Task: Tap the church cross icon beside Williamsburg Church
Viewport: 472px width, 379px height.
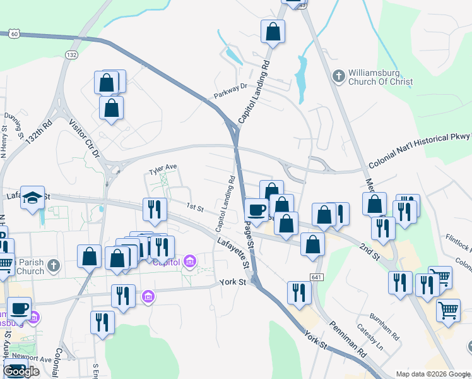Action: click(x=338, y=76)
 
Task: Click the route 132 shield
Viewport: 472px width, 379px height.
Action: click(x=71, y=56)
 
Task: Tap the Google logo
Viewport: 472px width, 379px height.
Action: click(x=21, y=371)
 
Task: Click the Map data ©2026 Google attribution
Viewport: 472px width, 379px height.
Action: click(x=433, y=374)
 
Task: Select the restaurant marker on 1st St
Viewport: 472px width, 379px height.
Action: click(x=155, y=209)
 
